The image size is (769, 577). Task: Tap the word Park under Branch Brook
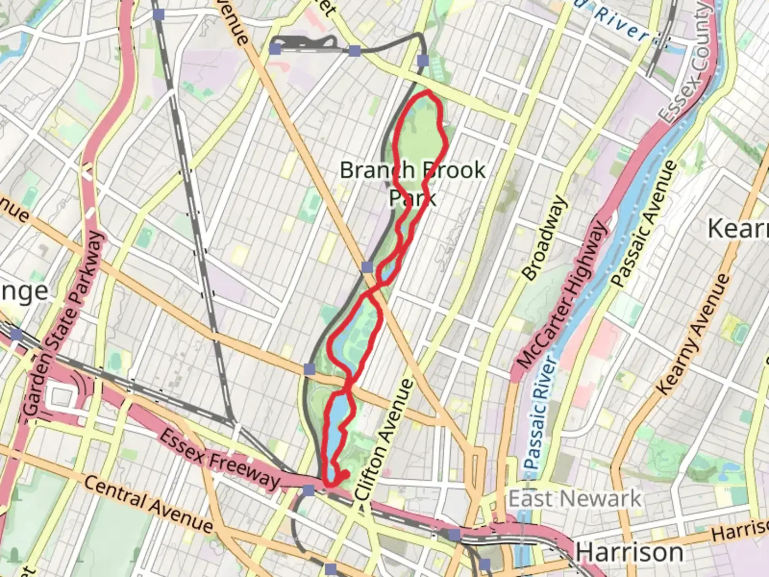[412, 198]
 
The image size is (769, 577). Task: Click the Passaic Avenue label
[644, 224]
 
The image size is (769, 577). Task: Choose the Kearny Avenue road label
[692, 334]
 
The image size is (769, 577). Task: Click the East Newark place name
[574, 499]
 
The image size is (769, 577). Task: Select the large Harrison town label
[629, 551]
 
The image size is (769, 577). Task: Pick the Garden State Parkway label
[63, 324]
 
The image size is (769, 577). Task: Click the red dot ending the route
[345, 473]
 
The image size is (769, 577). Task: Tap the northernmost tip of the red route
[427, 93]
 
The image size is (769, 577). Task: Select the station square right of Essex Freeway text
[309, 490]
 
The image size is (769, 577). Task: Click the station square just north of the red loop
[423, 60]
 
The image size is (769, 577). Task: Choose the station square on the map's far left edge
[16, 335]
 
